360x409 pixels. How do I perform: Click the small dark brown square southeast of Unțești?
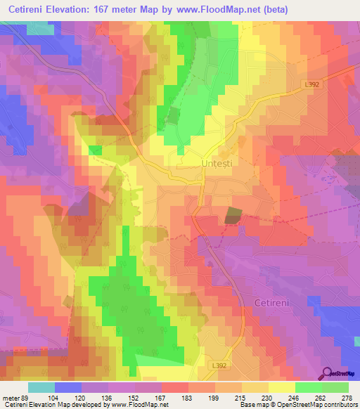point(232,216)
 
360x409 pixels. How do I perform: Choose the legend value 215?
point(229,397)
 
